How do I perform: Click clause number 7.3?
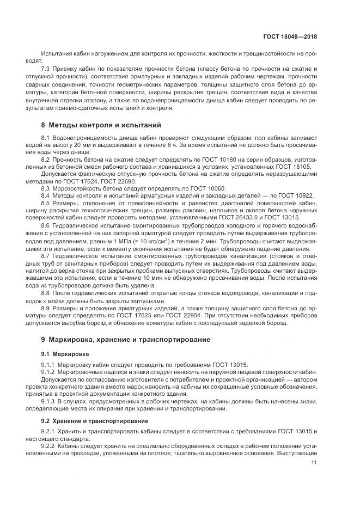point(46,69)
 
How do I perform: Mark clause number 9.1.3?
point(49,401)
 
